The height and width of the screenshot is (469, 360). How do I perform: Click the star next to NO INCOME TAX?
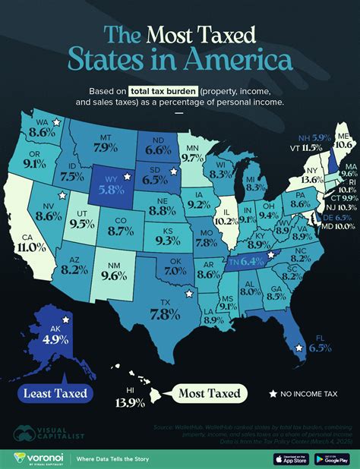272,393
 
